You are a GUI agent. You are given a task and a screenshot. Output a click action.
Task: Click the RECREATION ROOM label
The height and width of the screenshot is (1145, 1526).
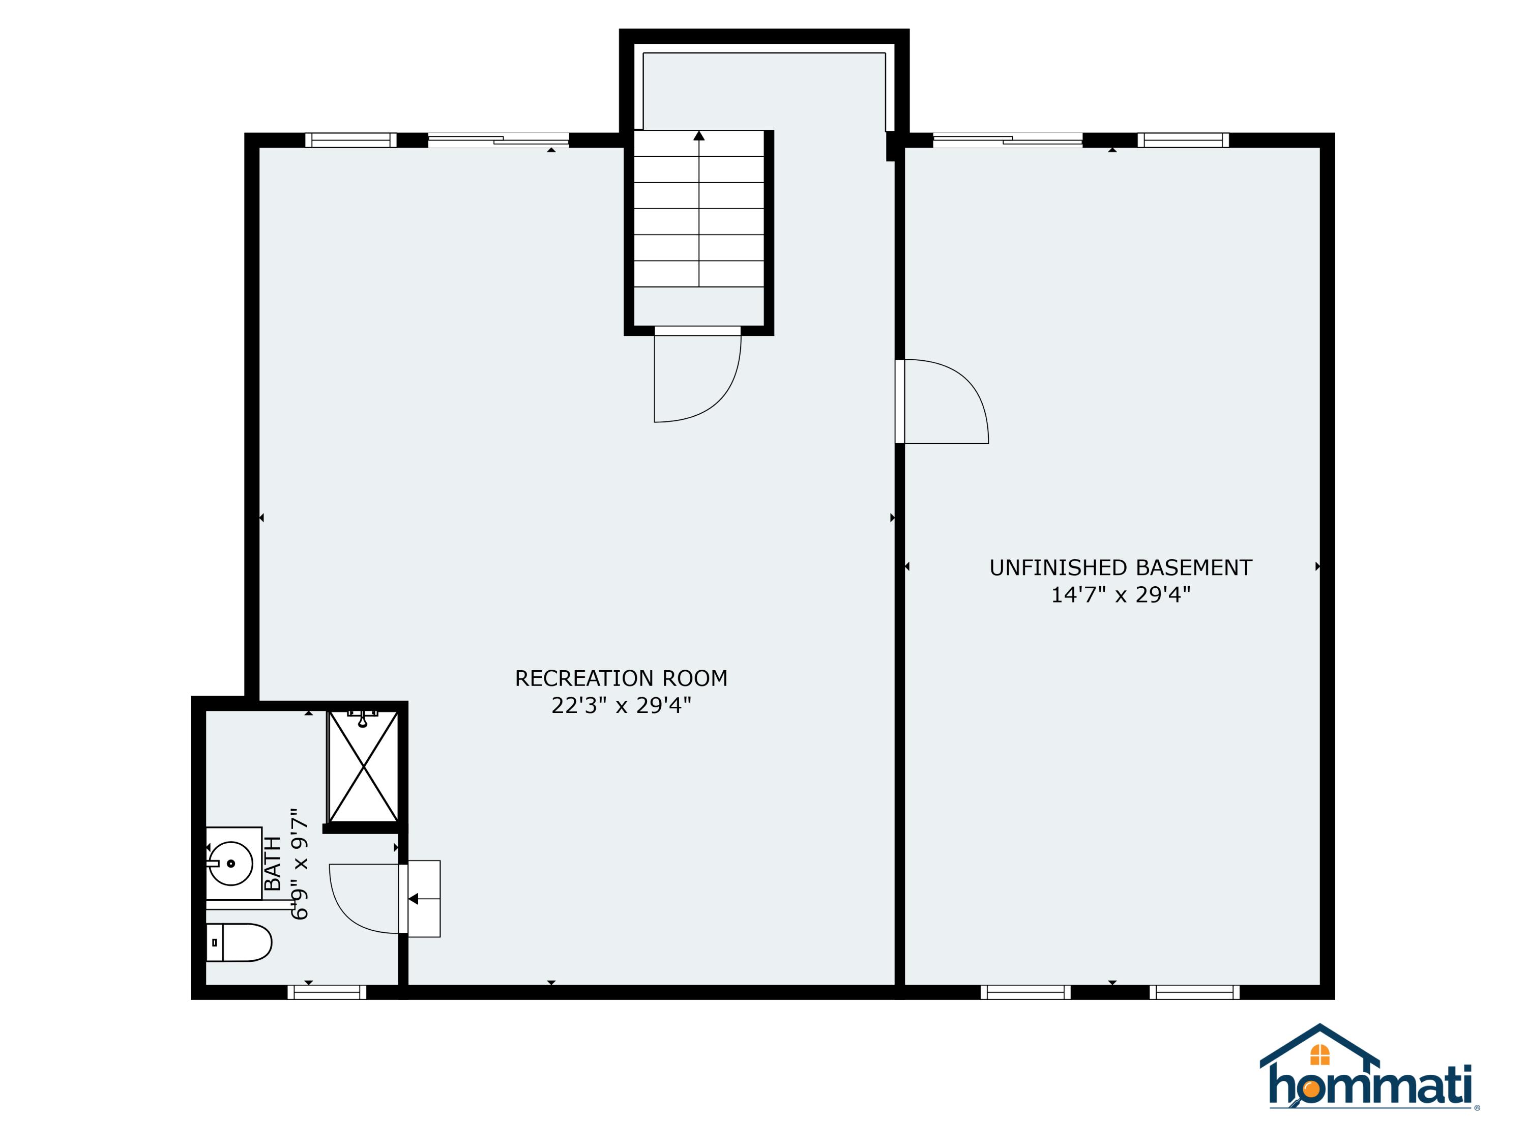[621, 678]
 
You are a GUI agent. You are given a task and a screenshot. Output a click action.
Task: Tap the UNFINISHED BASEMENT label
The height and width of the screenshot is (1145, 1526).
[1121, 567]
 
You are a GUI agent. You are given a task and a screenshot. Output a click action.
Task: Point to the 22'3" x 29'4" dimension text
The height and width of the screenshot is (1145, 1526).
[621, 705]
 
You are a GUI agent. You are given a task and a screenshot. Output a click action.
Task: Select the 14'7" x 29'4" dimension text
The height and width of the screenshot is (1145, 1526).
[1121, 594]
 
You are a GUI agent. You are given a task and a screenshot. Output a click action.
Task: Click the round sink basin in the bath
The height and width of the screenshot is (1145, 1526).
[230, 864]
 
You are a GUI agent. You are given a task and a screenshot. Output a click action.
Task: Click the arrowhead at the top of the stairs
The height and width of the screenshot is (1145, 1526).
[699, 135]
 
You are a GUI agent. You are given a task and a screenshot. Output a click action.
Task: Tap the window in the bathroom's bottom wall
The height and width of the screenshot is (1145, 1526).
[327, 992]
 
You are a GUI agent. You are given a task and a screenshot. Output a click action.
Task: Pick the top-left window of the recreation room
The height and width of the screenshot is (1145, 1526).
[351, 140]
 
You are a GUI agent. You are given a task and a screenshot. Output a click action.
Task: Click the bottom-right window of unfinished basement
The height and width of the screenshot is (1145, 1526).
[1194, 992]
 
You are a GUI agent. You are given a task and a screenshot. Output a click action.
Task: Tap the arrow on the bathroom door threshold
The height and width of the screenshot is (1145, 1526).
[414, 899]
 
